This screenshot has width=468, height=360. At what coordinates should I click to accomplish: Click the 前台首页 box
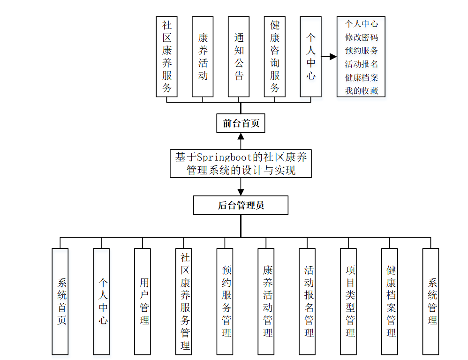tap(241, 124)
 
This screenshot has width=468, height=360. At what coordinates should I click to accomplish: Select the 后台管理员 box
tap(241, 205)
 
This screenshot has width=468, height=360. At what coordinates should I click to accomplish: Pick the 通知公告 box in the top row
tap(239, 57)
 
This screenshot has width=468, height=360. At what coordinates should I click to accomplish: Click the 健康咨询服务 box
tap(275, 57)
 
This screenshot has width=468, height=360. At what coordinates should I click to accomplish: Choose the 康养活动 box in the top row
tap(203, 57)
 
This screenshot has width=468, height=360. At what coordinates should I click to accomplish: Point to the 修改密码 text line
tap(361, 37)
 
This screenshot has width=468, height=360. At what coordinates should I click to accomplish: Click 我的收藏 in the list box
tap(361, 91)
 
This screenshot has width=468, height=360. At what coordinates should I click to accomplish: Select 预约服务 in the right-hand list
tap(361, 51)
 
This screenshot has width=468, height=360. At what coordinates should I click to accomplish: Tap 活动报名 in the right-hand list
tap(361, 64)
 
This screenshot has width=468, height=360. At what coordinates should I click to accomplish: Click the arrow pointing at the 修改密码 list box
tap(333, 57)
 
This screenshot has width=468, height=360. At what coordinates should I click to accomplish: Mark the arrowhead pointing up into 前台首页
tap(241, 136)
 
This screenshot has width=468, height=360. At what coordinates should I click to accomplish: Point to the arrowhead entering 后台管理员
tap(241, 192)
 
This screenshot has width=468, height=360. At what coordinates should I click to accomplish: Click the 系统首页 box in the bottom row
tap(60, 301)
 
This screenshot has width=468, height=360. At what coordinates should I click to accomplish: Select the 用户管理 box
tap(143, 301)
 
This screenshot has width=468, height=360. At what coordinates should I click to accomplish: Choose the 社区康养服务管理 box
tap(184, 301)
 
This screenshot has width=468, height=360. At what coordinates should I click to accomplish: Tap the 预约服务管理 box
tap(225, 301)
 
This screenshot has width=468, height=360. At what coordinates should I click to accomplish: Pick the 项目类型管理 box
tap(348, 301)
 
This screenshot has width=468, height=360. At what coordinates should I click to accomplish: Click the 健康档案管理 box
tap(389, 301)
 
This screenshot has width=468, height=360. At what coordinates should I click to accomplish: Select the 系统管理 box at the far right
tap(430, 301)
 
